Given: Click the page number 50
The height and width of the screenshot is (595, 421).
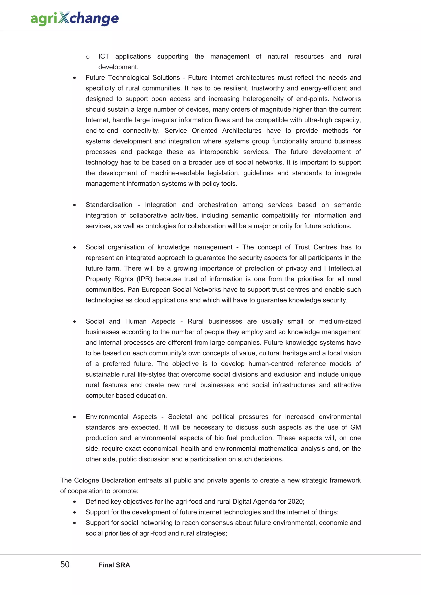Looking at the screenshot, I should tap(65, 564).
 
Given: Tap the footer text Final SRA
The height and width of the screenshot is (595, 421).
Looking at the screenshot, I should tap(114, 565).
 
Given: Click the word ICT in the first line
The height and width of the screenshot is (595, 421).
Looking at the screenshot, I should tap(103, 56).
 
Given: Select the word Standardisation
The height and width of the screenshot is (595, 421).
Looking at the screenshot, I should tap(109, 205).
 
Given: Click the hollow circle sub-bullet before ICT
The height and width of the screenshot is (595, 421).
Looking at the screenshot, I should tap(88, 57).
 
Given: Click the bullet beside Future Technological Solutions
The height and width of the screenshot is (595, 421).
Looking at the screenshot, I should tap(74, 78).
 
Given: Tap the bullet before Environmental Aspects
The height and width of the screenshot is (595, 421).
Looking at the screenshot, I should tap(74, 417).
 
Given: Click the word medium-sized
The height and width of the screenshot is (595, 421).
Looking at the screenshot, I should tap(340, 321).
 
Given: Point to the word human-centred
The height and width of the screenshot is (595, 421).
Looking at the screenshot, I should tap(271, 364).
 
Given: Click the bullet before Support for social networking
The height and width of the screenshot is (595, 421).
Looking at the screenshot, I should tap(74, 523).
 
